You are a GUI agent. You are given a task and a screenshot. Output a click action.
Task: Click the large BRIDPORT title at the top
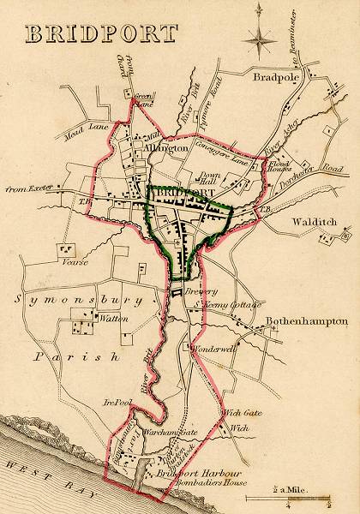click(101, 34)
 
